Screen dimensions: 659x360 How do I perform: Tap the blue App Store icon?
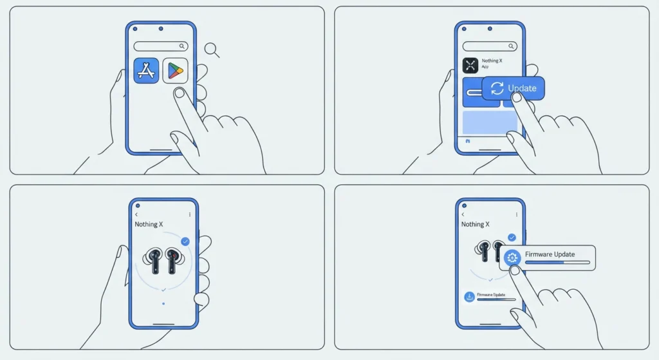pyautogui.click(x=146, y=71)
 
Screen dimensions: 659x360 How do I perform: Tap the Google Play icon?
pyautogui.click(x=175, y=71)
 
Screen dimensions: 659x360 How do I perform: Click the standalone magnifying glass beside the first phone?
pyautogui.click(x=212, y=50)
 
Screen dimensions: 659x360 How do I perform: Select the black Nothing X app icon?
pyautogui.click(x=470, y=66)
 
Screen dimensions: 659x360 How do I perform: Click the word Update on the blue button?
pyautogui.click(x=522, y=88)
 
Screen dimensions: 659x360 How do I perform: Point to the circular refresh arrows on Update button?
pyautogui.click(x=497, y=88)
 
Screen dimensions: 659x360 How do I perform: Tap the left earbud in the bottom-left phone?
pyautogui.click(x=153, y=261)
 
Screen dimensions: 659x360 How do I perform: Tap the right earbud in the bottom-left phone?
pyautogui.click(x=173, y=261)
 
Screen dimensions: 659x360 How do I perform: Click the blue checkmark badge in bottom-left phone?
pyautogui.click(x=185, y=242)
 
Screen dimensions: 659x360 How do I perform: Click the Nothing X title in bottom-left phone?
pyautogui.click(x=149, y=225)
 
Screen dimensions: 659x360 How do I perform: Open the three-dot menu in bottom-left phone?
pyautogui.click(x=190, y=214)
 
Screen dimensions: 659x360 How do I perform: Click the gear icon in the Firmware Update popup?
pyautogui.click(x=512, y=258)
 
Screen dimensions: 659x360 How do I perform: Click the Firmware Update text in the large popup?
pyautogui.click(x=550, y=254)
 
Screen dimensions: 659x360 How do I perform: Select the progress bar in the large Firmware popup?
pyautogui.click(x=557, y=262)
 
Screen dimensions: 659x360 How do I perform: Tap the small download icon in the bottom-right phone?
pyautogui.click(x=469, y=297)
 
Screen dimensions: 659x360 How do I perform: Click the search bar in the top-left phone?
pyautogui.click(x=160, y=46)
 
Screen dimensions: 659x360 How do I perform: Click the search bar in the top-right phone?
pyautogui.click(x=490, y=46)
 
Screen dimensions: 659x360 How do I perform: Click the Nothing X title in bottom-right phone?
pyautogui.click(x=476, y=225)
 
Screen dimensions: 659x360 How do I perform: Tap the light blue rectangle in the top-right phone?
pyautogui.click(x=490, y=122)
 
